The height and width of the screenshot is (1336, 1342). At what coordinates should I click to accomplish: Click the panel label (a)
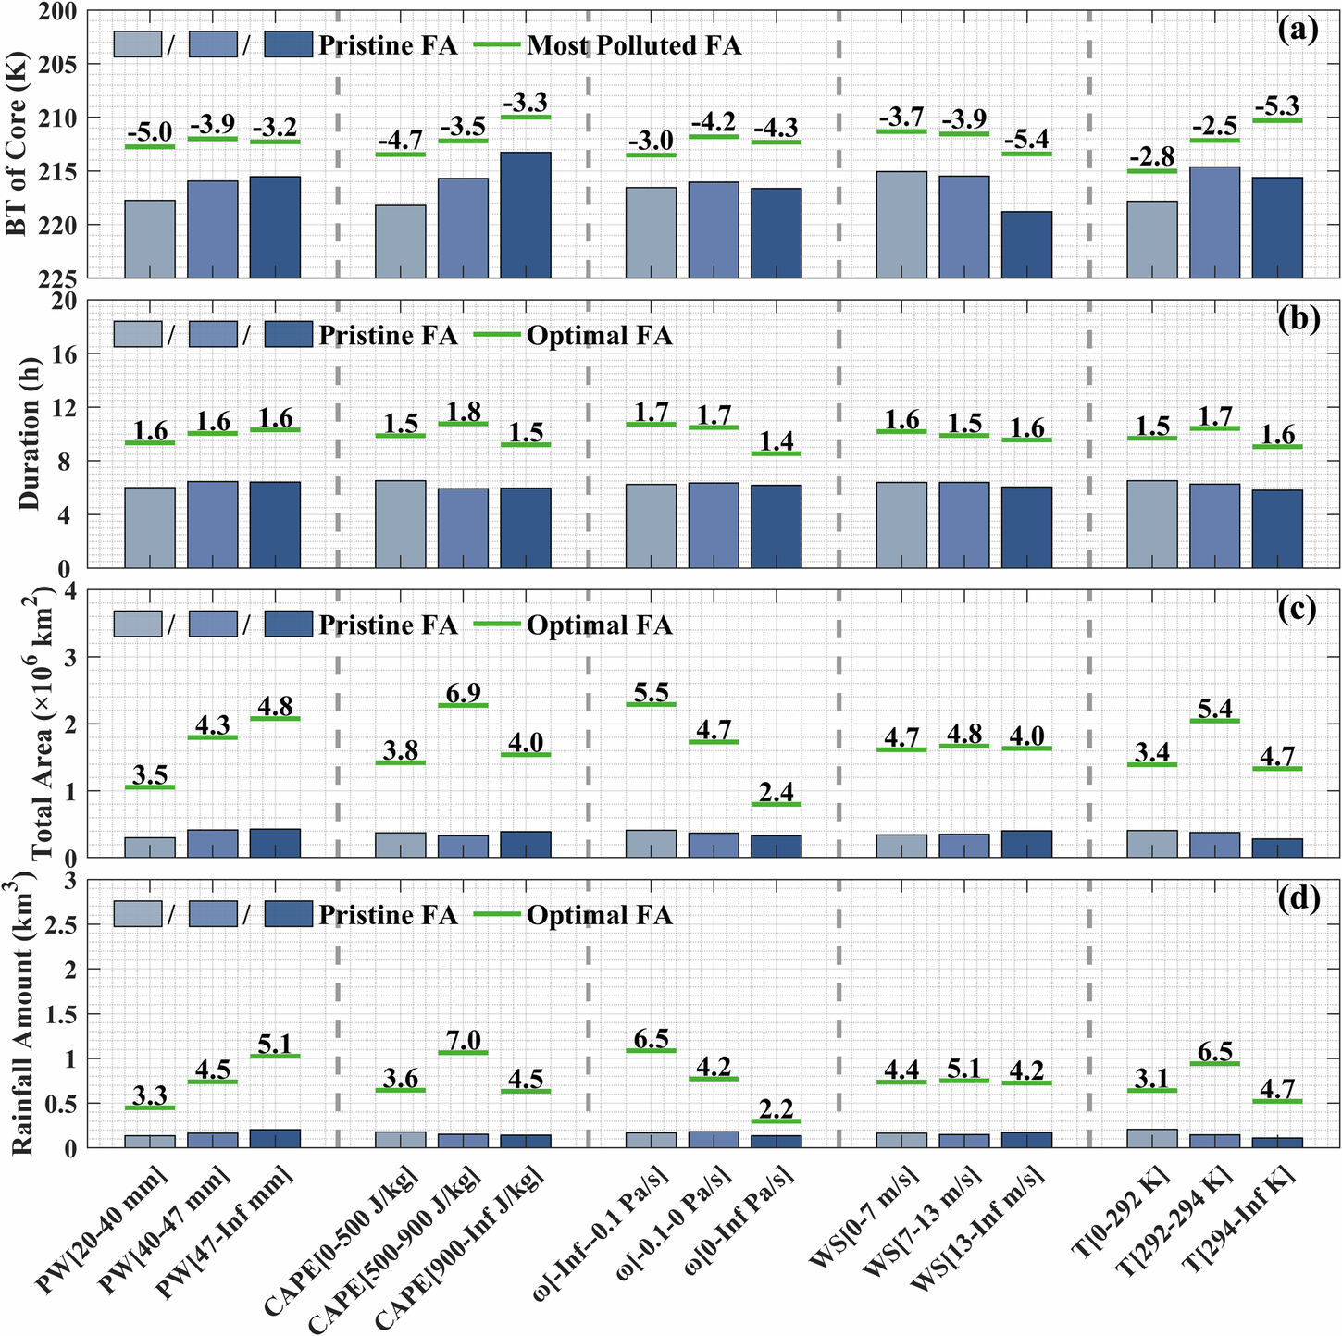[1297, 31]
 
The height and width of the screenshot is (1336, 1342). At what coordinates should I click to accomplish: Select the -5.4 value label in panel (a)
[1026, 139]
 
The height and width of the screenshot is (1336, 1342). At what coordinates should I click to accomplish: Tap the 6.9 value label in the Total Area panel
[463, 691]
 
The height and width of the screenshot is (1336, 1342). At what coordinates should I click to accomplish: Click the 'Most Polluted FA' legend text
[634, 45]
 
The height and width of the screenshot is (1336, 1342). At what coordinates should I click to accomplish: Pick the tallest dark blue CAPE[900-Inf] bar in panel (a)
[526, 215]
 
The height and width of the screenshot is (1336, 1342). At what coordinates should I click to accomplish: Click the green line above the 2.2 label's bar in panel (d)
[776, 1120]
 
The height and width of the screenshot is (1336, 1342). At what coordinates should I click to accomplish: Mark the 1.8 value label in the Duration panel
[463, 410]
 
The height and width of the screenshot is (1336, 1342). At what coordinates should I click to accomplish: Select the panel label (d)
[1297, 898]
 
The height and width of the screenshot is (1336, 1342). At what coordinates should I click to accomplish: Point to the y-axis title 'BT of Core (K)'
[19, 143]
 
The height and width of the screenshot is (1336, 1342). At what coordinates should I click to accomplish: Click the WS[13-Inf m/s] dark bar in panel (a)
[1026, 244]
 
